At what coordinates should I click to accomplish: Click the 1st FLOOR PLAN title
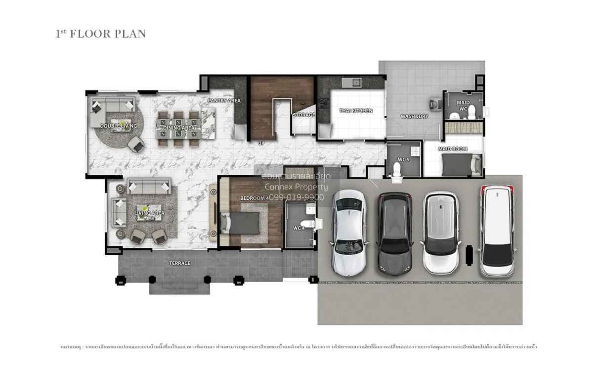(x=101, y=34)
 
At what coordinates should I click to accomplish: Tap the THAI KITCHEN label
(x=355, y=111)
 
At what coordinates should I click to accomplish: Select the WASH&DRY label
(x=414, y=116)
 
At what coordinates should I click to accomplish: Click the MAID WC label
(x=463, y=105)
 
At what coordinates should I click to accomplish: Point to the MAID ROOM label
(x=453, y=149)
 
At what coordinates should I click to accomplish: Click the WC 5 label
(x=403, y=159)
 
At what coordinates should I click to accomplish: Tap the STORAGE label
(x=303, y=115)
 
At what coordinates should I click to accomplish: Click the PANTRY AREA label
(x=224, y=101)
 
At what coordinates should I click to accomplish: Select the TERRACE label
(x=179, y=263)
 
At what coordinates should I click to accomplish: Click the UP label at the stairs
(x=262, y=143)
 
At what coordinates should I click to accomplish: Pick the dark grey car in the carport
(x=395, y=233)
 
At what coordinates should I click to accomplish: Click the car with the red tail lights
(x=497, y=230)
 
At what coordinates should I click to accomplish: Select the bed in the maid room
(x=462, y=164)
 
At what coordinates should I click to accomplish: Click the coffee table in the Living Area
(x=142, y=213)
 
